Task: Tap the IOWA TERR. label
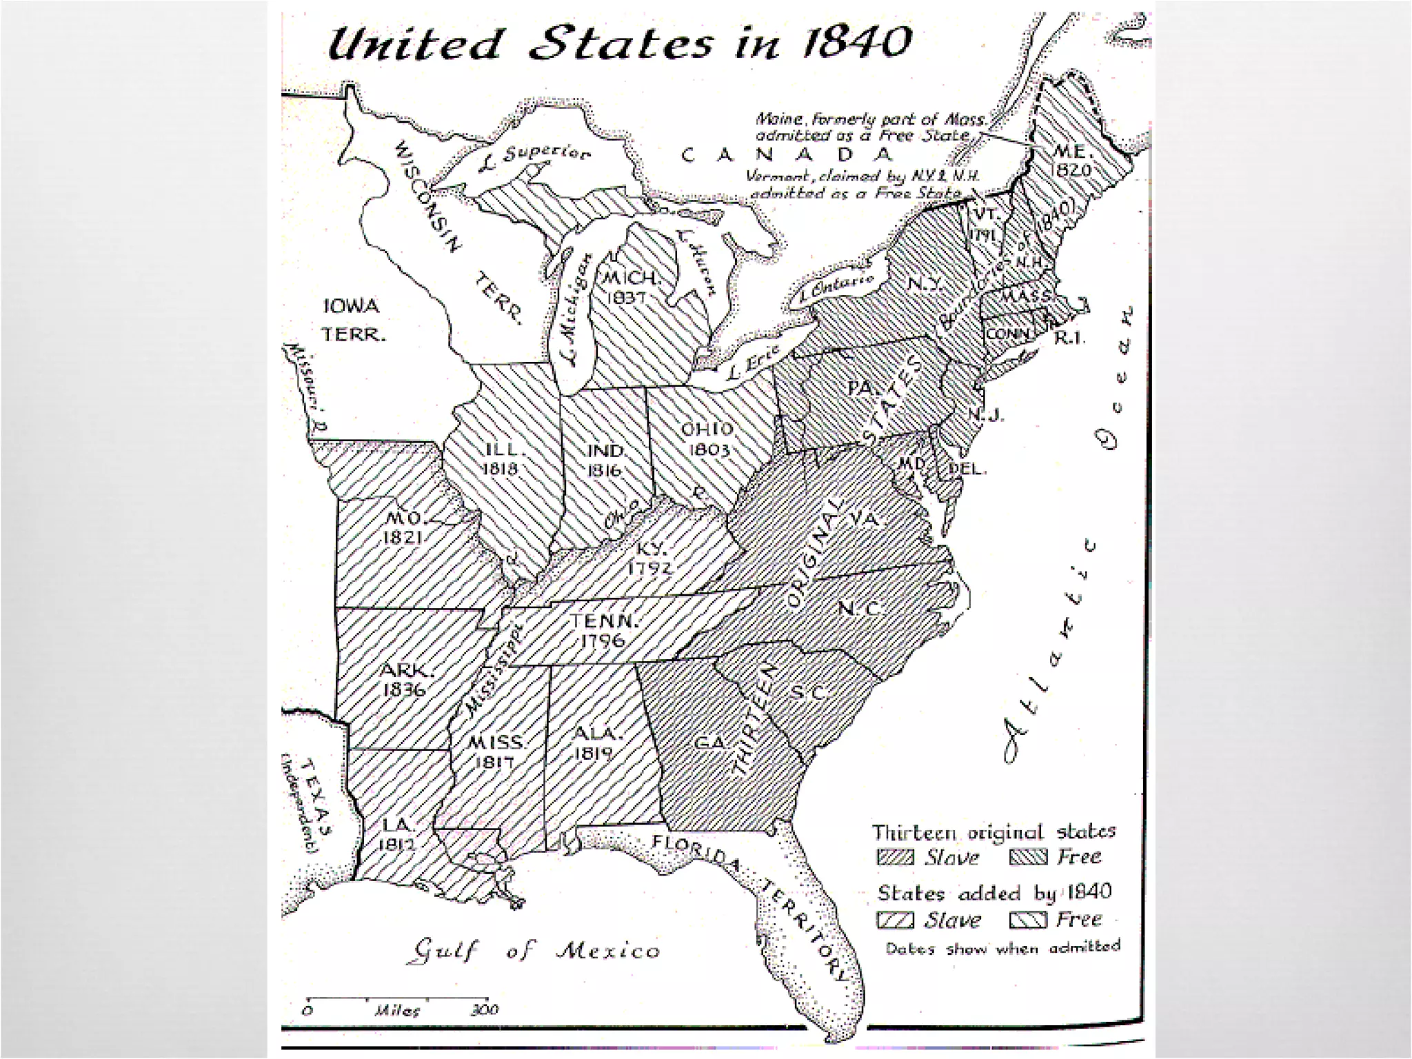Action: pos(352,320)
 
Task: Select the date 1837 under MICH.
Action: pos(628,298)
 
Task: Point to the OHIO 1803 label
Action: pos(707,439)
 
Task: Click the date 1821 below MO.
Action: pos(403,537)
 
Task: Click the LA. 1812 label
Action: pos(396,833)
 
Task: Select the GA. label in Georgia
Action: pos(712,743)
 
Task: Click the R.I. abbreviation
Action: pos(1071,338)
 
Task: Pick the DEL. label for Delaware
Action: pos(967,469)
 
